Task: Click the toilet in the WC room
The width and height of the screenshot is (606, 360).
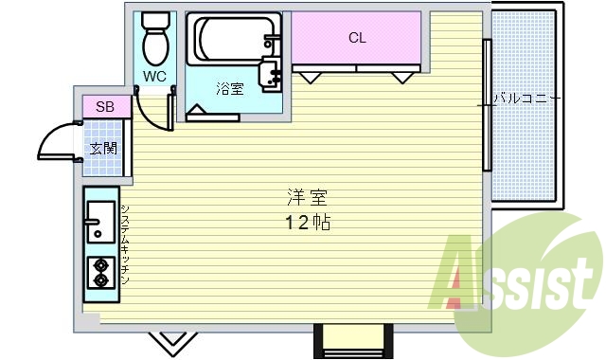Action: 153,39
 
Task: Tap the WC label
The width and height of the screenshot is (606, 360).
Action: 154,76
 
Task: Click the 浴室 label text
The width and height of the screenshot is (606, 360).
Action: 229,90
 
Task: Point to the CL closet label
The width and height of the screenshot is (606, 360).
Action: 357,38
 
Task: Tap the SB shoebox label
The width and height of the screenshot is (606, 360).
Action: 105,107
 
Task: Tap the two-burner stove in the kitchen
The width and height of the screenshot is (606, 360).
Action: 99,273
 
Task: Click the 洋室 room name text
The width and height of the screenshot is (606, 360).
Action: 305,199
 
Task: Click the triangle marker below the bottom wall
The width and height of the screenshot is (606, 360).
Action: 171,338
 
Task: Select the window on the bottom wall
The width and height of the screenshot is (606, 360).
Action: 351,338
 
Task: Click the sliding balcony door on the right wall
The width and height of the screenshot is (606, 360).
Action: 486,104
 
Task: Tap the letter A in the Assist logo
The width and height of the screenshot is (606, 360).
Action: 463,278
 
